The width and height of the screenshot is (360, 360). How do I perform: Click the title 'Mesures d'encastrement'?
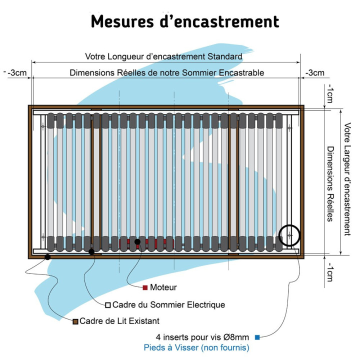(184, 22)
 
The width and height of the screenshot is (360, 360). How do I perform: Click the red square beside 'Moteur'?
(145, 287)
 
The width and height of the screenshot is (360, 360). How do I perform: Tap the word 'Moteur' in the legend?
(163, 287)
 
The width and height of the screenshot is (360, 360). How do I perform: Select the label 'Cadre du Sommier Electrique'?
(168, 304)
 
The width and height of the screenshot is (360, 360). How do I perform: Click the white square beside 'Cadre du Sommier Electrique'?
(107, 304)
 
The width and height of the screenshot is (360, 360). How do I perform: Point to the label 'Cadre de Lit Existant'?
(119, 321)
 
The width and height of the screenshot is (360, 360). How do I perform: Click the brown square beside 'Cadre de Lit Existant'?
(75, 321)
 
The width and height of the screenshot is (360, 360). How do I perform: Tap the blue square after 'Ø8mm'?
(257, 337)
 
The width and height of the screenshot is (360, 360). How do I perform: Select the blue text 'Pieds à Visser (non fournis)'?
(196, 347)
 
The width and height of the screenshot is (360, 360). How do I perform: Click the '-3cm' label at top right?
(314, 72)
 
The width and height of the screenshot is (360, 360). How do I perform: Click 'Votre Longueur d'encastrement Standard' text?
(164, 56)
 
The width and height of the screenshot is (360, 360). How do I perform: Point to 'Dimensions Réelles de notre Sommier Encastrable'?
(167, 72)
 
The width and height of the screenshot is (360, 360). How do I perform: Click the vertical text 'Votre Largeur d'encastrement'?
(347, 180)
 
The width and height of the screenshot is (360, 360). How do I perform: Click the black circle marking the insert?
(288, 235)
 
